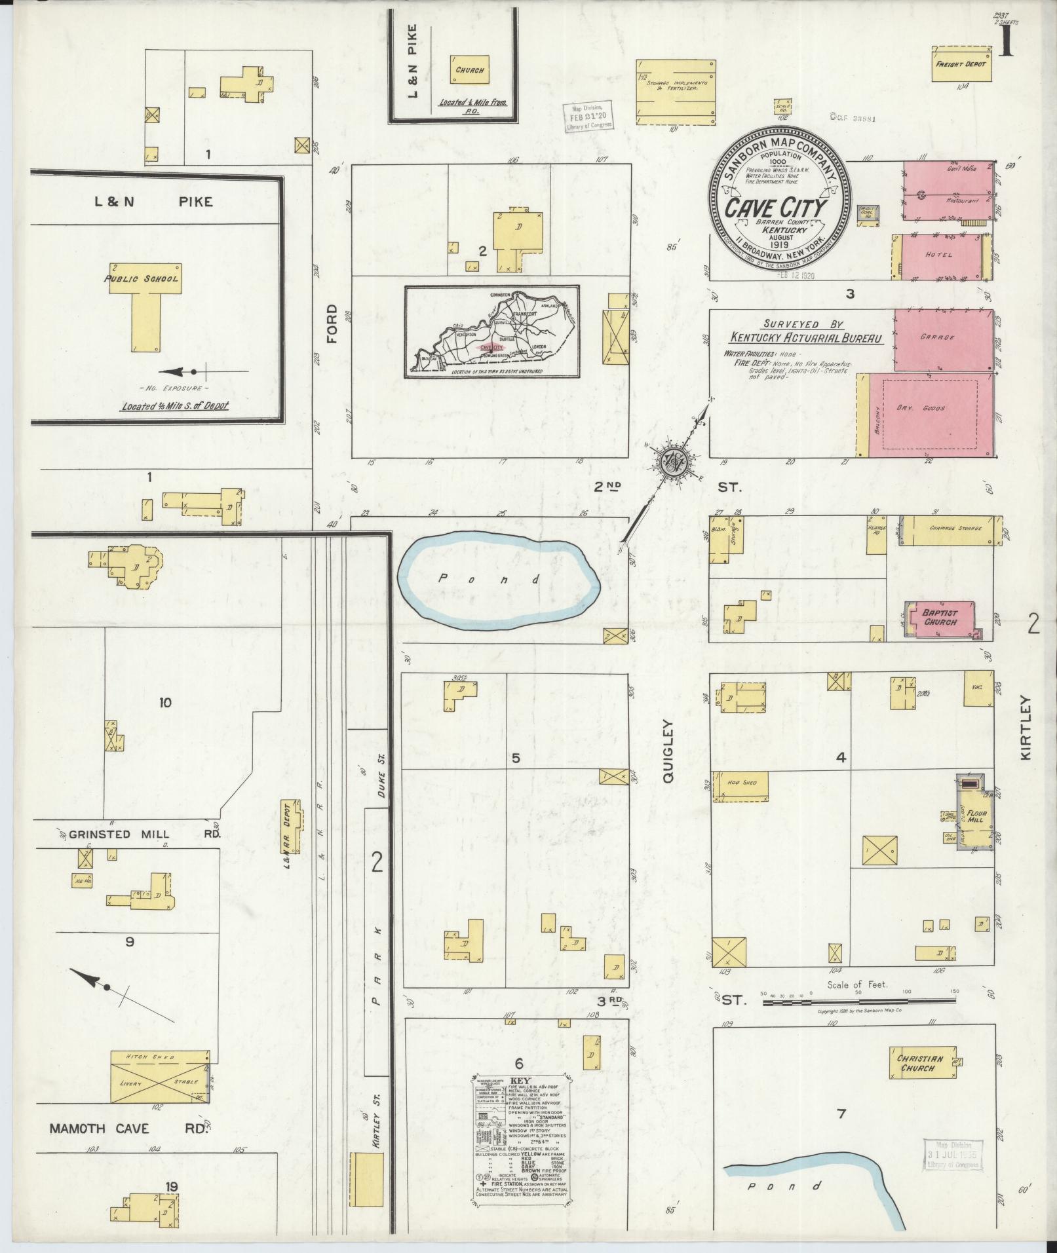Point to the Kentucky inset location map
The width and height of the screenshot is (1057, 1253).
point(491,332)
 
